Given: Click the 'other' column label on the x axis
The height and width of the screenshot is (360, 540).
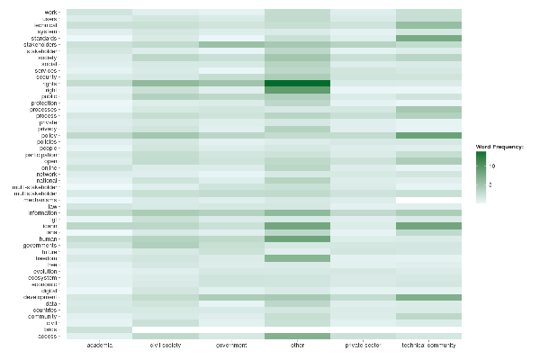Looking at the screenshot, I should tap(298, 345).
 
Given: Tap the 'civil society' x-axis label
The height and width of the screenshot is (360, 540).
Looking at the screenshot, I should tap(165, 345).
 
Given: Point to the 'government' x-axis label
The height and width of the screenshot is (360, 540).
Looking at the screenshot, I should tap(231, 345).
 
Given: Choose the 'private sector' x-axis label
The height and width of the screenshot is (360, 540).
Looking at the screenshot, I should tap(364, 345).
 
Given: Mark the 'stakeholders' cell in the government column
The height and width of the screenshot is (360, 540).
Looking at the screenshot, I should tap(231, 44).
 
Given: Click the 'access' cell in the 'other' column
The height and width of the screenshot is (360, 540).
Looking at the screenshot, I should tap(298, 336).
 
